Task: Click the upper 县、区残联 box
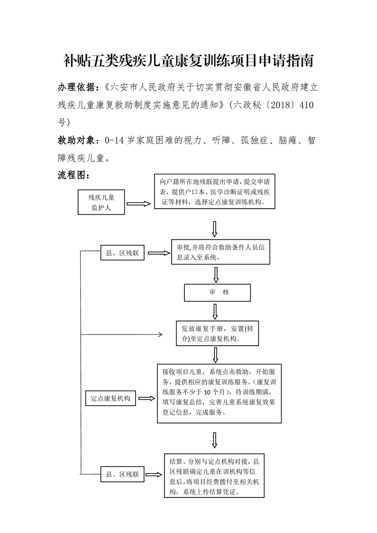(x=122, y=254)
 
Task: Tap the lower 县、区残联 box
(x=122, y=474)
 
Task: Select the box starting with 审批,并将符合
(x=220, y=252)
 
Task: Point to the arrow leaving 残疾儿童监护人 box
(x=138, y=204)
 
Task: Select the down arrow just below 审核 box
(x=215, y=311)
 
